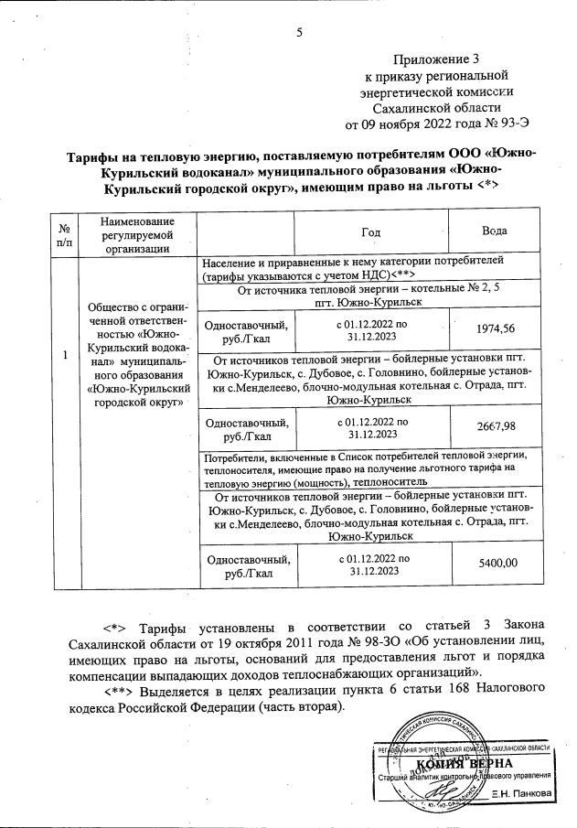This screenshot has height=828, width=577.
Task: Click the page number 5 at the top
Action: coord(299,34)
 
